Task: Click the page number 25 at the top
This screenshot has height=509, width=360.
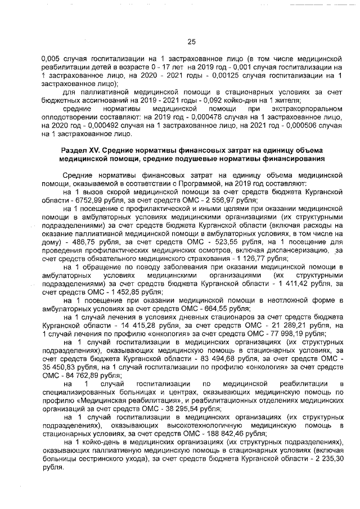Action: [x=190, y=41]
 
